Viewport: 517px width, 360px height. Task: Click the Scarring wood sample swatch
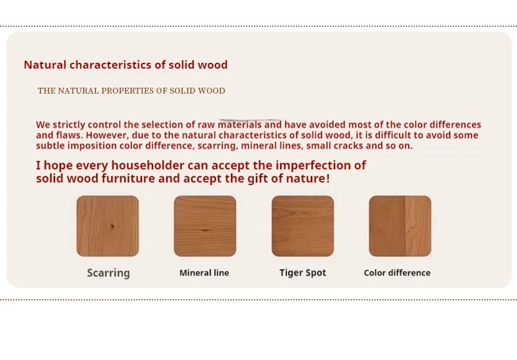tap(107, 226)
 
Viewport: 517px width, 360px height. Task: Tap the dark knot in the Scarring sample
tap(112, 227)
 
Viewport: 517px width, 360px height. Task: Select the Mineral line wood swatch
tap(205, 226)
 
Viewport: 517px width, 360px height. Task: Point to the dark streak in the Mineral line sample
tap(205, 230)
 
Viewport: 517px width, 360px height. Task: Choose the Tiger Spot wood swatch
tap(303, 226)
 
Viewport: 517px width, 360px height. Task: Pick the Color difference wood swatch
tap(400, 226)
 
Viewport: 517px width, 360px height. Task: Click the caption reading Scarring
tap(109, 273)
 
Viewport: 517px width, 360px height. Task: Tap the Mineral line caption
tap(204, 273)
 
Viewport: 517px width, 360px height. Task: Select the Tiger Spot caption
tap(303, 273)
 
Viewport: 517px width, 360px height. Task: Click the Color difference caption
tap(397, 273)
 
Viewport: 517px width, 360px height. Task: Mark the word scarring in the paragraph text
tap(218, 146)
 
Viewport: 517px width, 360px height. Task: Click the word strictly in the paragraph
tap(69, 124)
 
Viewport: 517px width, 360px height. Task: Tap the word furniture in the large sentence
tap(128, 179)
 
